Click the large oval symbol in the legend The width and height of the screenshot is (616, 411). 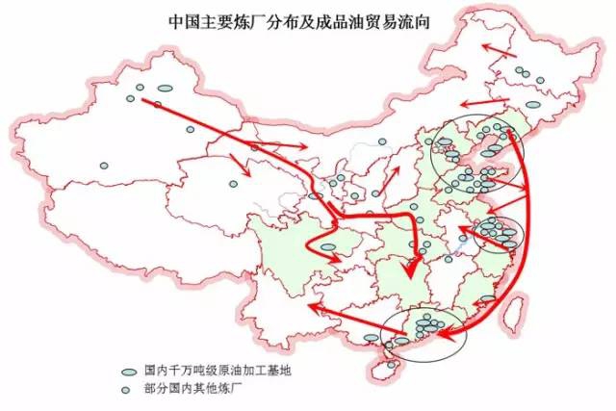tap(128, 370)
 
